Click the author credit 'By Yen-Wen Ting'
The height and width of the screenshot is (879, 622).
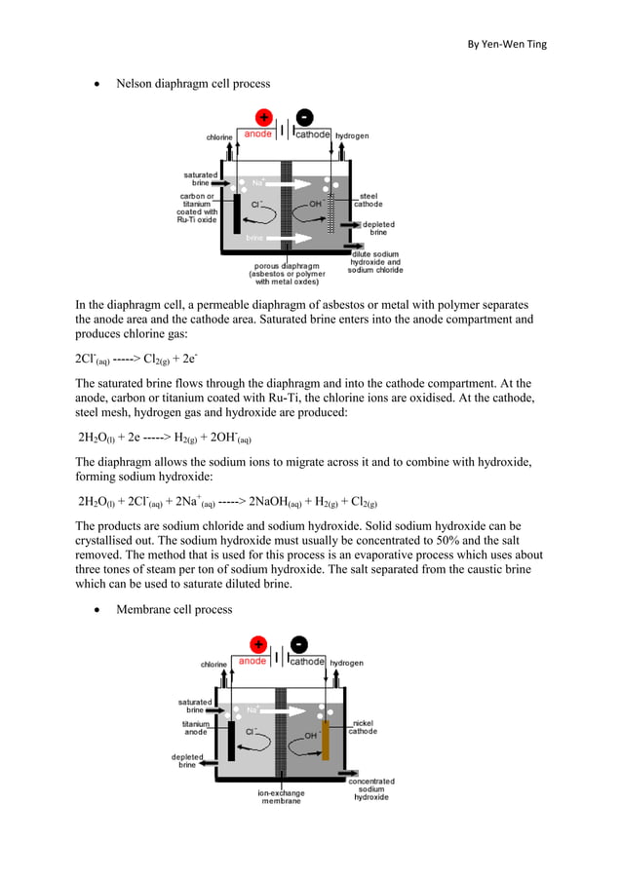pyautogui.click(x=506, y=43)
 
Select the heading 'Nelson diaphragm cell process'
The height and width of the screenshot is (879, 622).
pyautogui.click(x=193, y=84)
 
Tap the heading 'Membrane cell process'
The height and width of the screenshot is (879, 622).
pyautogui.click(x=175, y=609)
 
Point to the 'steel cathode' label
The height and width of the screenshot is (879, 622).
pyautogui.click(x=368, y=200)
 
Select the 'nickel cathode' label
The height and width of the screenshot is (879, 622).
pyautogui.click(x=364, y=727)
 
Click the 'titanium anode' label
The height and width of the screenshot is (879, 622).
pyautogui.click(x=194, y=728)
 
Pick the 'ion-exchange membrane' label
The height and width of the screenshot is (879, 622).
pyautogui.click(x=281, y=797)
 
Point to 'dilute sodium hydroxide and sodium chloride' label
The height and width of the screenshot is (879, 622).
pyautogui.click(x=375, y=262)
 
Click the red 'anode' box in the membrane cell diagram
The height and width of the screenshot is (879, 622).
pyautogui.click(x=253, y=662)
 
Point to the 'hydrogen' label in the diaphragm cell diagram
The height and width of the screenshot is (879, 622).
pyautogui.click(x=352, y=135)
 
